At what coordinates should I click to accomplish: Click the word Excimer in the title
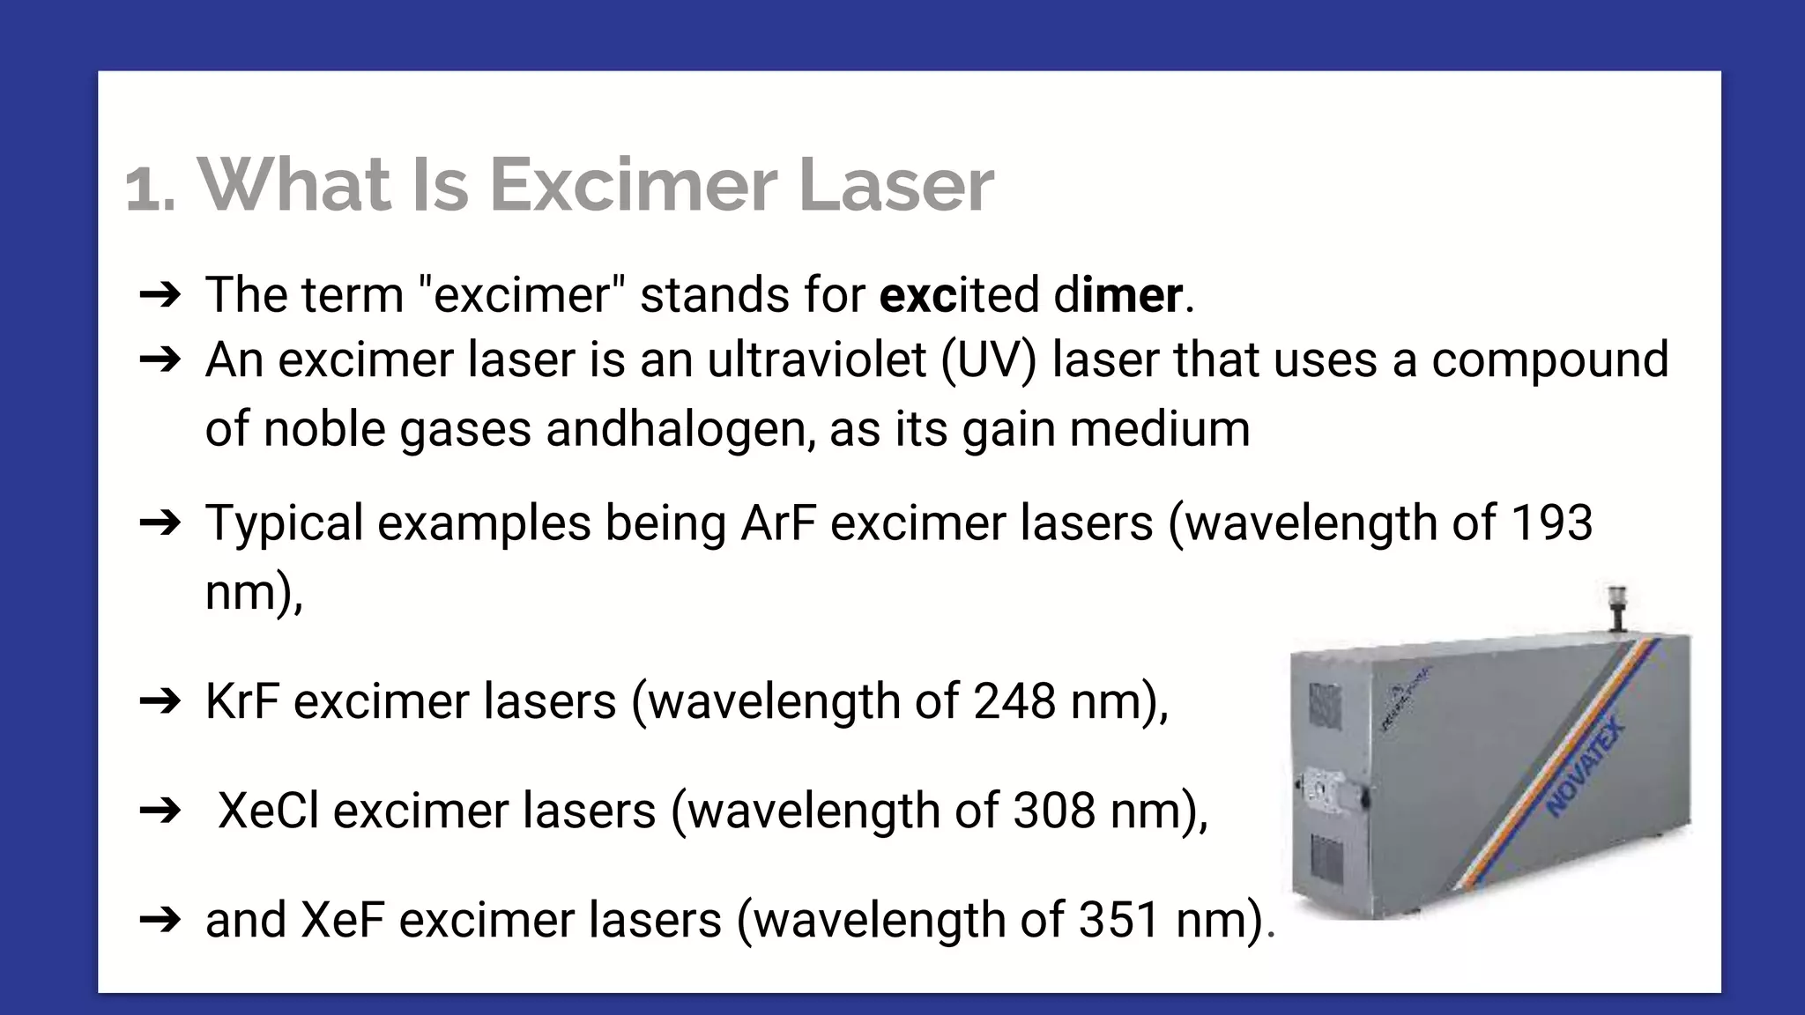(632, 185)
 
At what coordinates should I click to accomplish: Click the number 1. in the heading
(150, 189)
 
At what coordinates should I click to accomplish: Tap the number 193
(1551, 522)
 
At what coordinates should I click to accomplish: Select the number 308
(1054, 811)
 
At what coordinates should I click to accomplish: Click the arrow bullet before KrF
(160, 702)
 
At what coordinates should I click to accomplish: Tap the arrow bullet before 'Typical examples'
(160, 523)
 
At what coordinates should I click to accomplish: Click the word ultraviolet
(817, 360)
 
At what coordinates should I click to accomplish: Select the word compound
(1549, 360)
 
